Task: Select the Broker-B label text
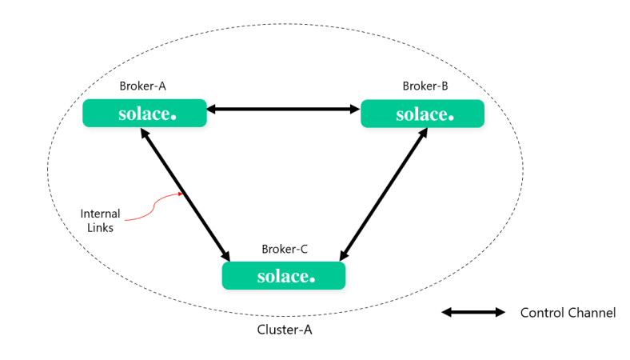click(x=425, y=86)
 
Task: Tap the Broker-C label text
click(x=285, y=249)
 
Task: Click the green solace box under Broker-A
click(x=145, y=114)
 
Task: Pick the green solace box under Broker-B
click(x=422, y=114)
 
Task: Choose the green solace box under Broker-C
click(x=283, y=276)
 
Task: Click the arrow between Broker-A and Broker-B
click(x=284, y=108)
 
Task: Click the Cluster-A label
click(x=283, y=330)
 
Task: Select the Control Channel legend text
click(x=568, y=313)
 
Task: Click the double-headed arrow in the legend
click(x=473, y=313)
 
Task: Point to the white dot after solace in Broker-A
click(x=173, y=117)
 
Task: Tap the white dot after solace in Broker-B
click(x=451, y=117)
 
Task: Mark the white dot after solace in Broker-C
click(x=312, y=279)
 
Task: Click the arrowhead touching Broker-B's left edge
click(x=355, y=108)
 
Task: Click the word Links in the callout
click(x=101, y=227)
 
